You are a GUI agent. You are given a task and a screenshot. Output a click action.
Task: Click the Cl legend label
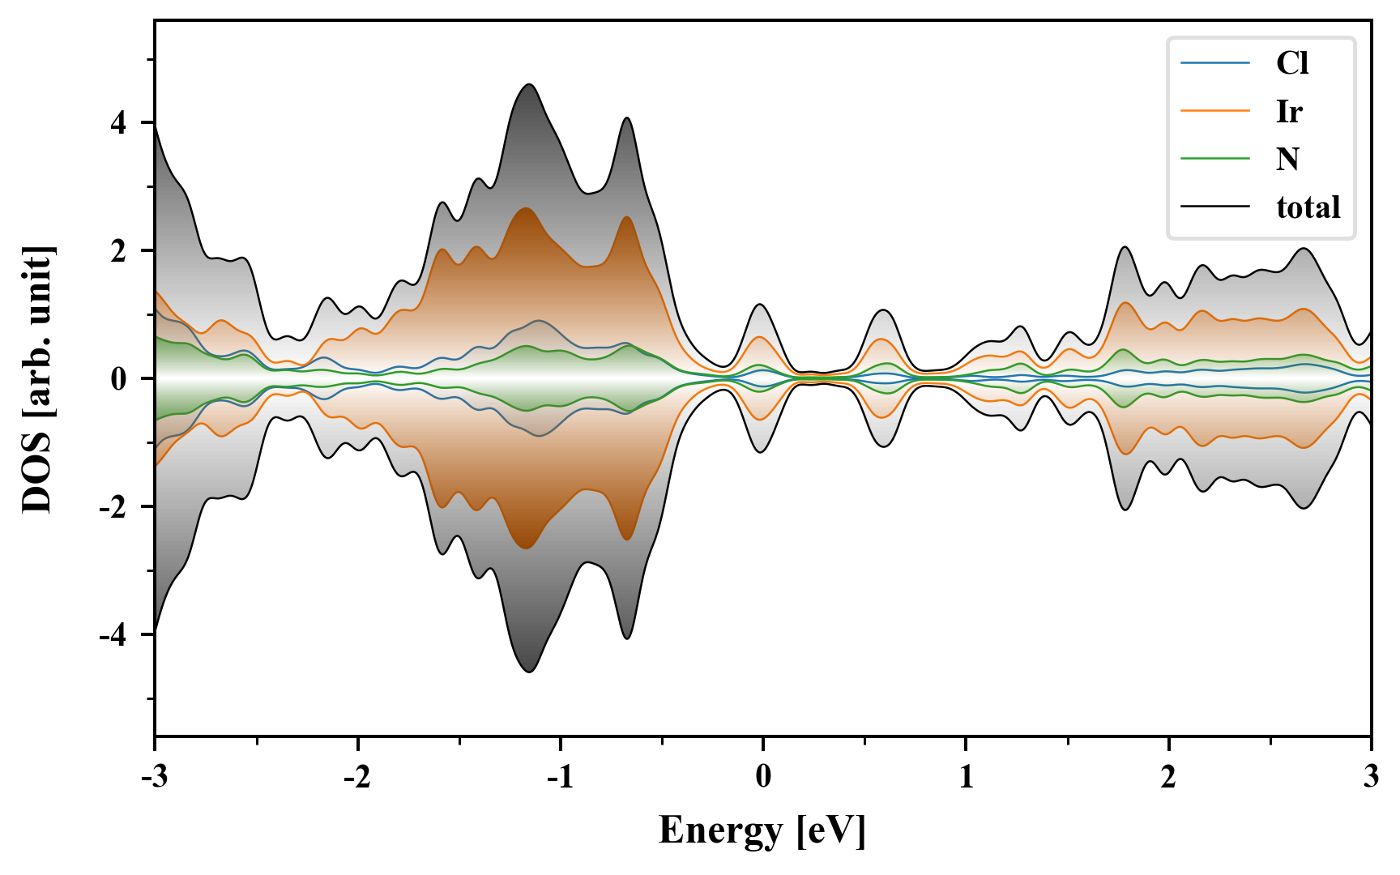pyautogui.click(x=1292, y=63)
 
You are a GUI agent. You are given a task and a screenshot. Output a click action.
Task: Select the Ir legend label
pyautogui.click(x=1289, y=111)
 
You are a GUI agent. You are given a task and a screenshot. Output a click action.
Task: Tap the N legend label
pyautogui.click(x=1287, y=159)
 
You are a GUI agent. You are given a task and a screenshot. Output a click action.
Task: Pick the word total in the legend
pyautogui.click(x=1308, y=207)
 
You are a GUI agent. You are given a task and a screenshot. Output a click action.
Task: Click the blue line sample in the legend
pyautogui.click(x=1214, y=63)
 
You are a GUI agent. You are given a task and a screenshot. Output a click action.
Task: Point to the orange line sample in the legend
pyautogui.click(x=1214, y=111)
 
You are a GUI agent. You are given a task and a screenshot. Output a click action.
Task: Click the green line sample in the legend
pyautogui.click(x=1214, y=159)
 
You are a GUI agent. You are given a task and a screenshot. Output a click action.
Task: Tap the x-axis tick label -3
pyautogui.click(x=154, y=777)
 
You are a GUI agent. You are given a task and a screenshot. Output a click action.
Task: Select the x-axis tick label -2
pyautogui.click(x=357, y=777)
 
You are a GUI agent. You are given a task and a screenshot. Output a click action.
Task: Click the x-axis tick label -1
pyautogui.click(x=560, y=777)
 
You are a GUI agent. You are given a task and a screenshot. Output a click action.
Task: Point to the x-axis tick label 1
pyautogui.click(x=966, y=777)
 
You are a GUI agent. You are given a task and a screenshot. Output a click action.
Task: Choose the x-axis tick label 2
pyautogui.click(x=1168, y=777)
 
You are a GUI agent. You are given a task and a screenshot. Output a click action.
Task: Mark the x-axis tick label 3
pyautogui.click(x=1371, y=777)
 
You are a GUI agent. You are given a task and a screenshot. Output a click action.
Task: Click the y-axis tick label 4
pyautogui.click(x=119, y=123)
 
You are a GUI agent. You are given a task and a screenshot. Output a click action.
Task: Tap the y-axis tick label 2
pyautogui.click(x=119, y=251)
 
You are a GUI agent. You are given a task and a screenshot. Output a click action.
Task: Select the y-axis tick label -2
pyautogui.click(x=114, y=507)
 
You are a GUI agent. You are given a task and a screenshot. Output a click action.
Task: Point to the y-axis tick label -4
pyautogui.click(x=114, y=635)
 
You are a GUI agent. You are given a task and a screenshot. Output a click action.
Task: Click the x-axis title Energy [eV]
pyautogui.click(x=762, y=830)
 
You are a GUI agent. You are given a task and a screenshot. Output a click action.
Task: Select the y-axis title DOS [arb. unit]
pyautogui.click(x=37, y=378)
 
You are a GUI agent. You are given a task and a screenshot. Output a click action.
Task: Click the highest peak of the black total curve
pyautogui.click(x=529, y=84)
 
